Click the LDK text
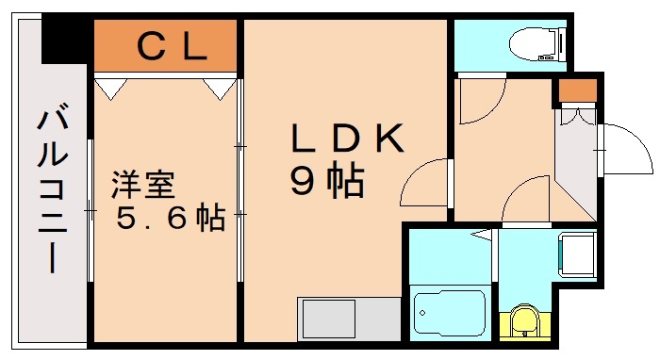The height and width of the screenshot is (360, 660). pos(345,139)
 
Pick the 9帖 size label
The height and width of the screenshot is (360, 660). pos(326,181)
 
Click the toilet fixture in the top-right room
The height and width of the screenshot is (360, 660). pos(534,42)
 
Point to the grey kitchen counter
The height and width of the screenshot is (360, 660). pos(345,319)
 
